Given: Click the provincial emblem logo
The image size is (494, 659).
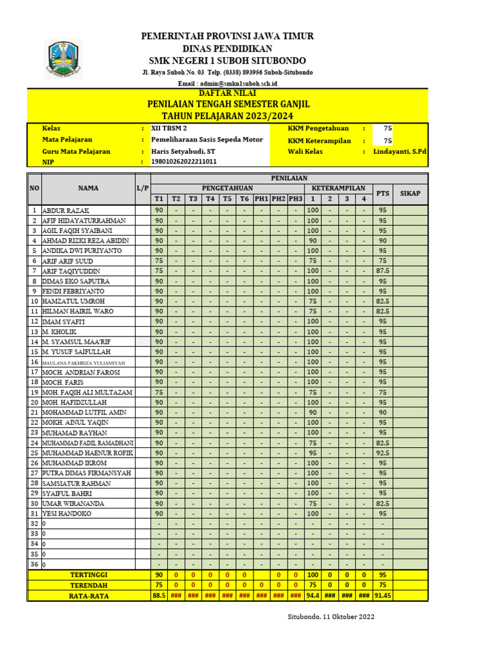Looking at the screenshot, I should click(x=62, y=59).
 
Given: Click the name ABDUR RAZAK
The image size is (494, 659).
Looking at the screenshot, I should click(x=66, y=210).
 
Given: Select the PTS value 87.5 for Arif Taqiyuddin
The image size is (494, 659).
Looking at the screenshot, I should click(x=382, y=272).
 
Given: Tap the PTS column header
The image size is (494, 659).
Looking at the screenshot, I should click(x=382, y=193).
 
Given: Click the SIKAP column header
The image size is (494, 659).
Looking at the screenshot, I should click(x=410, y=193).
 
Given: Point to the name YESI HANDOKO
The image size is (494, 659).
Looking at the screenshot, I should click(x=67, y=514).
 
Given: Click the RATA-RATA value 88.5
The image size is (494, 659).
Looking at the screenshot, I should click(x=158, y=596).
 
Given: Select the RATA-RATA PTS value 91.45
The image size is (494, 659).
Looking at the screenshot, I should click(x=382, y=596).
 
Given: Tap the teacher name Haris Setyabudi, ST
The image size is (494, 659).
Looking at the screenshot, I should click(x=183, y=151).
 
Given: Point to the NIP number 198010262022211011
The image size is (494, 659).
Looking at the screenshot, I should click(x=183, y=162).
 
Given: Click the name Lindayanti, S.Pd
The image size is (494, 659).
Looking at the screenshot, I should click(x=399, y=151).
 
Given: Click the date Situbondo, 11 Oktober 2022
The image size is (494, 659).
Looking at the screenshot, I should click(x=331, y=617).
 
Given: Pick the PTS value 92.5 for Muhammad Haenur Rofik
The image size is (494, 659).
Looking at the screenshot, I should click(x=382, y=453).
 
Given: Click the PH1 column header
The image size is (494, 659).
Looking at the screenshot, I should click(x=262, y=199).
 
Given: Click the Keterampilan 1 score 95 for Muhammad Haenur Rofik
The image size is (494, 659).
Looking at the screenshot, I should click(x=313, y=453).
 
